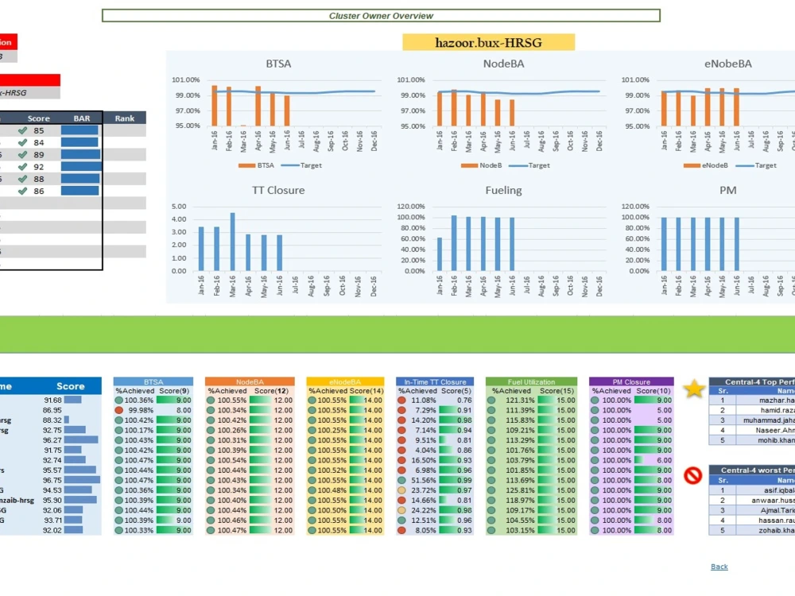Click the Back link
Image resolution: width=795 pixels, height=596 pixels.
(719, 567)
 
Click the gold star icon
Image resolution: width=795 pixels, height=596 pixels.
(694, 389)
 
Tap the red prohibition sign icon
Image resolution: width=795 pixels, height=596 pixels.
(692, 476)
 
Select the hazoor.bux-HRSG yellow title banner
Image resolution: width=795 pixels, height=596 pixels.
(488, 42)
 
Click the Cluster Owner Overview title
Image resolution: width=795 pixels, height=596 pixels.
(381, 16)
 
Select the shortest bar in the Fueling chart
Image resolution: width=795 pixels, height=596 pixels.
(440, 253)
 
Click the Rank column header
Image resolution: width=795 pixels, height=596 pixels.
(125, 118)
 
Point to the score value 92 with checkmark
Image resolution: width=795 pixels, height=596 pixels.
(39, 167)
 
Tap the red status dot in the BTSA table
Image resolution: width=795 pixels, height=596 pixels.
(118, 410)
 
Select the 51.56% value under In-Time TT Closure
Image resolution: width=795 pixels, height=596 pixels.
(423, 480)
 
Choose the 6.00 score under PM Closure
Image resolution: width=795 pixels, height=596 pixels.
(663, 460)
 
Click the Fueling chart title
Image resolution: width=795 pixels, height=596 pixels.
(503, 191)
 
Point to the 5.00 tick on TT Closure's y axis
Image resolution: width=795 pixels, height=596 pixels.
(179, 207)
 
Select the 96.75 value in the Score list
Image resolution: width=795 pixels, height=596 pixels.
(52, 480)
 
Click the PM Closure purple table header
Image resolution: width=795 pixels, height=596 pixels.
(631, 382)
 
